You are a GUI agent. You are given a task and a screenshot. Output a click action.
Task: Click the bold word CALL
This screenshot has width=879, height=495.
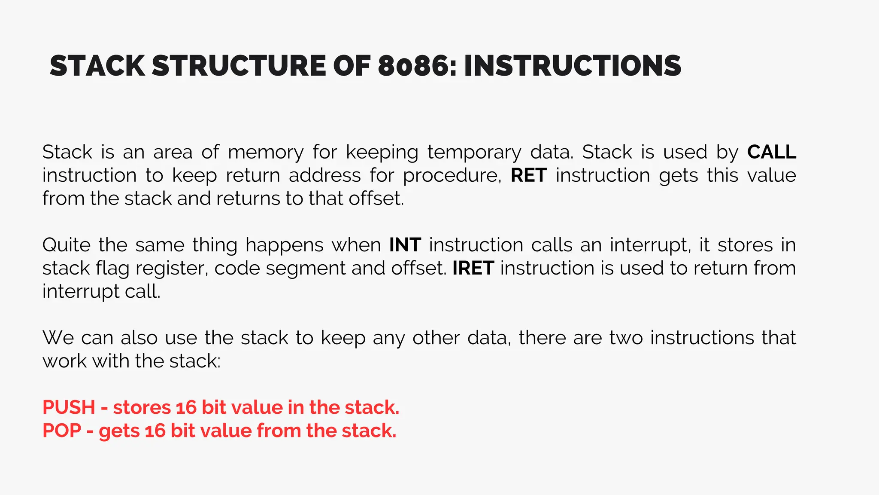(x=771, y=152)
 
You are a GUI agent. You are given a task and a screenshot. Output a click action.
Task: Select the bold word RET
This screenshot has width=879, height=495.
(x=528, y=175)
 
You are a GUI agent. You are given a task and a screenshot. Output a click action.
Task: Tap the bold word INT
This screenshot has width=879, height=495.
(x=405, y=245)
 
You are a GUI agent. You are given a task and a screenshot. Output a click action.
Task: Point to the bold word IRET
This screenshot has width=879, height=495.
(x=473, y=268)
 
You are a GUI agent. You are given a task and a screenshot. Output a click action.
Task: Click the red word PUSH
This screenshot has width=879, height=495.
(x=69, y=407)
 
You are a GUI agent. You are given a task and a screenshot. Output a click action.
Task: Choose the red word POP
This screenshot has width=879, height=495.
(x=62, y=431)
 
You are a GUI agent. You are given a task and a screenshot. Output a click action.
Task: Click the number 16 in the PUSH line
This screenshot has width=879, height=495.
(x=186, y=407)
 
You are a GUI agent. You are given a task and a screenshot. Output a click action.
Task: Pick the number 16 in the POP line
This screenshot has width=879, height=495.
(x=155, y=431)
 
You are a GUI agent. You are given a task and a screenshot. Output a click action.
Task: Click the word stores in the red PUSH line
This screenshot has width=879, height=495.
(x=142, y=407)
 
